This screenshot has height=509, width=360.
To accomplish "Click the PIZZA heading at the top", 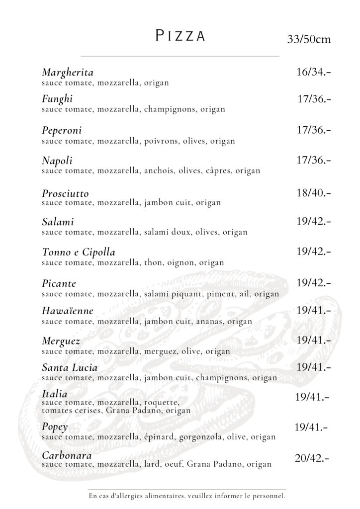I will coord(180,36).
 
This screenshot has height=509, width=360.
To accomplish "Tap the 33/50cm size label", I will coord(309,39).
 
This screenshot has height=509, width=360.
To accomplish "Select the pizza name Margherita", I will coord(68,73).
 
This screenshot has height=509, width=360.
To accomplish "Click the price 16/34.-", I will coord(313,73).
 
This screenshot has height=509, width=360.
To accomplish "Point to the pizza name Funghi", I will coord(58,99).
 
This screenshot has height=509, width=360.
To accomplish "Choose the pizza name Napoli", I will coord(57,161).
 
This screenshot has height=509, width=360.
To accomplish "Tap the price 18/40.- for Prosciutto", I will coord(313,192).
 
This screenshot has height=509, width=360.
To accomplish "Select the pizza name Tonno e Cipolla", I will coord(79,253).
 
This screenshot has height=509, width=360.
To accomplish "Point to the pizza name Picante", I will coord(59,284).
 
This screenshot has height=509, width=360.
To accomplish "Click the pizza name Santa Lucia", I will coord(70,368).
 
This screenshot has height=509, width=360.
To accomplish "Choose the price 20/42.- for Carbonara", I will coord(312,458).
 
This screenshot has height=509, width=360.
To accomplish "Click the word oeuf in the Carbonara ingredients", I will coord(175,464).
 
